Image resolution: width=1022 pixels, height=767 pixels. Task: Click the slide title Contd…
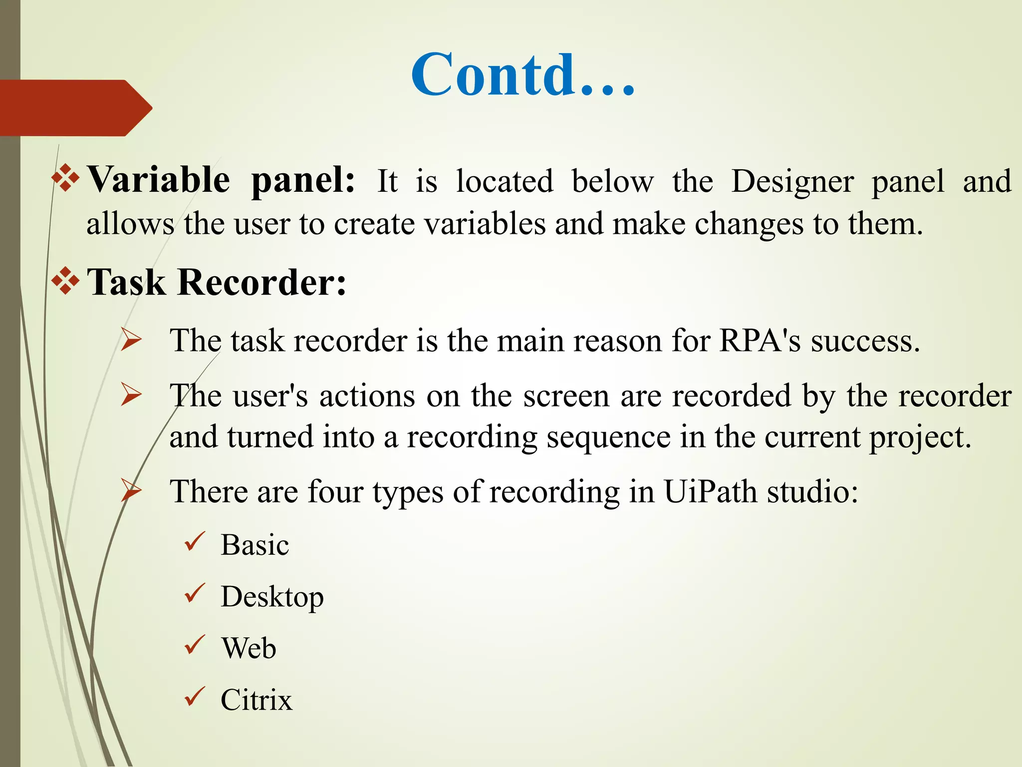pyautogui.click(x=523, y=75)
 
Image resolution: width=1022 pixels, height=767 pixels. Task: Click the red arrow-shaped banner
pyautogui.click(x=75, y=108)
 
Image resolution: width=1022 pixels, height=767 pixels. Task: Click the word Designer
pyautogui.click(x=792, y=182)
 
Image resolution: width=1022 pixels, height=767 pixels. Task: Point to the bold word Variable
pyautogui.click(x=159, y=180)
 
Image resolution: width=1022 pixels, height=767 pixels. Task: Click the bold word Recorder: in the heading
pyautogui.click(x=261, y=283)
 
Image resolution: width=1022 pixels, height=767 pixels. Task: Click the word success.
pyautogui.click(x=865, y=342)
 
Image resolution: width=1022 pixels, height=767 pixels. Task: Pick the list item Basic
pyautogui.click(x=255, y=545)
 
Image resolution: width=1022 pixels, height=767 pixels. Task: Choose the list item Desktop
pyautogui.click(x=272, y=597)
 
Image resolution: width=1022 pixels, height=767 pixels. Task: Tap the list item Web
pyautogui.click(x=249, y=648)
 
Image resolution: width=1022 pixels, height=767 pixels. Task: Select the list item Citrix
pyautogui.click(x=256, y=700)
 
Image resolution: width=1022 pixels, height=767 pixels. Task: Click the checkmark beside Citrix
pyautogui.click(x=195, y=696)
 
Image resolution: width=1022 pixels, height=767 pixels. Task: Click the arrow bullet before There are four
pyautogui.click(x=131, y=490)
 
